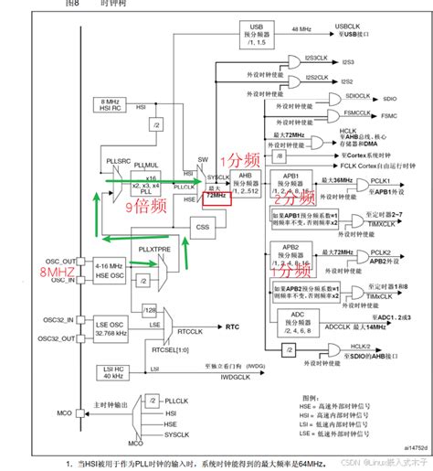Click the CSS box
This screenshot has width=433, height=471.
203,226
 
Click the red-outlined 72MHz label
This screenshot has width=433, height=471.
216,196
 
